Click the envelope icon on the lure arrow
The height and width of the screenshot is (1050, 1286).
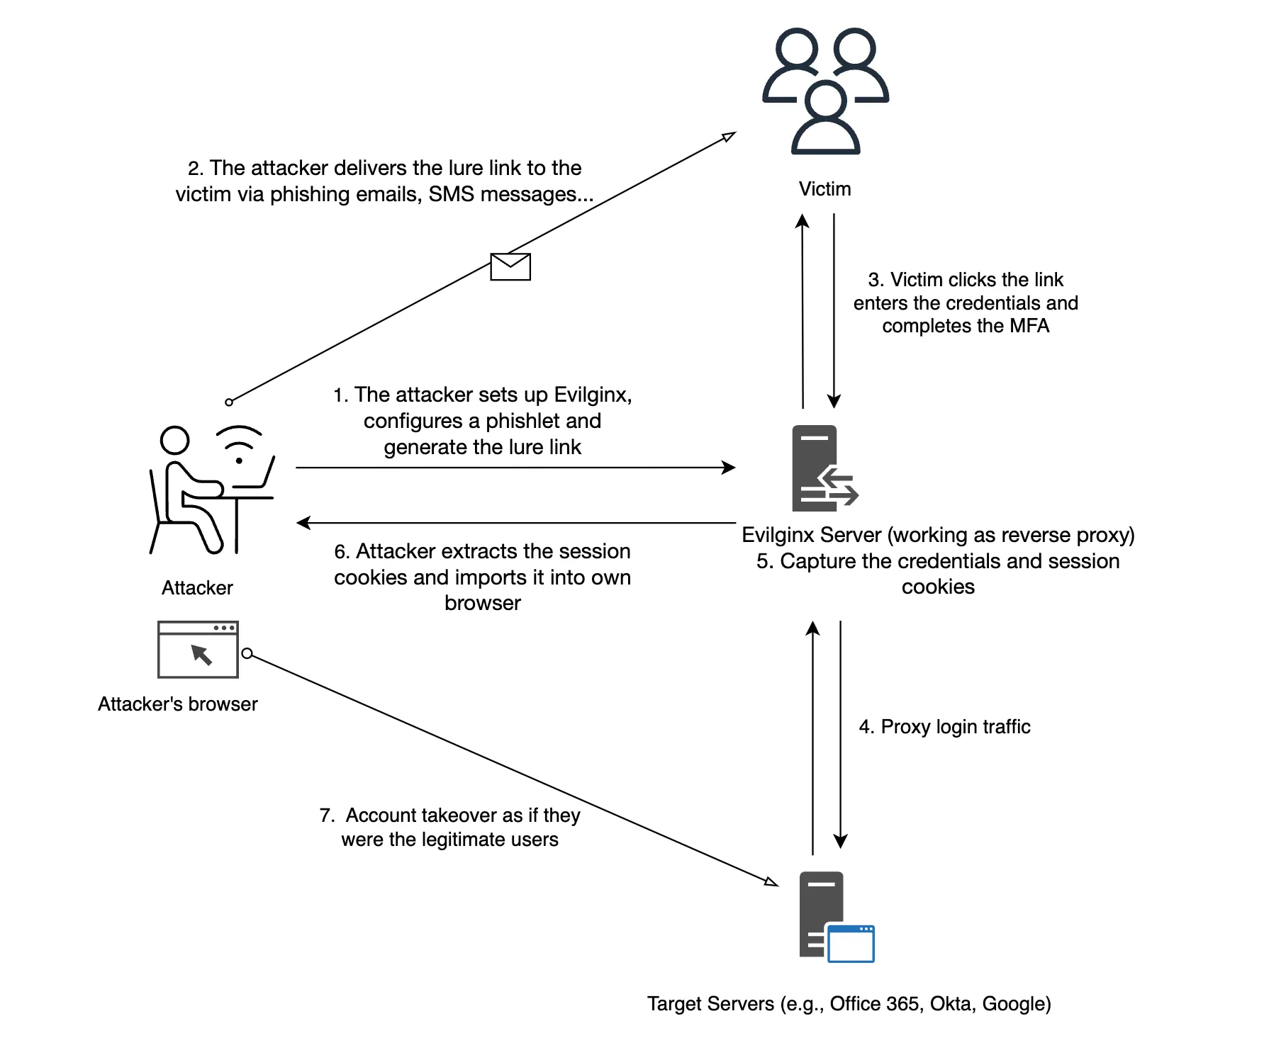(510, 266)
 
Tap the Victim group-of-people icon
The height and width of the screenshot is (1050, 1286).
(825, 91)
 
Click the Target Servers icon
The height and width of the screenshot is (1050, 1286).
(837, 917)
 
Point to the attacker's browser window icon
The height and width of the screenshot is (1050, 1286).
(198, 649)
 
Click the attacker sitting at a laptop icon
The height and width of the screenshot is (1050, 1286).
(212, 489)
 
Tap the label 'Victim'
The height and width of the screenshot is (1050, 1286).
(824, 189)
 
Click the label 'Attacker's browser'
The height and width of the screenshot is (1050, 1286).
(178, 704)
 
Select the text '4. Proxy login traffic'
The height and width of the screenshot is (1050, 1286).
(944, 727)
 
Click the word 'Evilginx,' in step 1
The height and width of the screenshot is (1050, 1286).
(593, 395)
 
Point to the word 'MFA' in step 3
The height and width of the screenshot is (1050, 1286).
(1029, 326)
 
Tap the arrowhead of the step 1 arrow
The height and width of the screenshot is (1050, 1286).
(729, 468)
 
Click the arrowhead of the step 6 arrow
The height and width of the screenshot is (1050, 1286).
(303, 523)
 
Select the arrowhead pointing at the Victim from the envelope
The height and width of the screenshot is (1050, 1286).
(729, 136)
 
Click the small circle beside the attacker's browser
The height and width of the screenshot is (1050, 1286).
(247, 653)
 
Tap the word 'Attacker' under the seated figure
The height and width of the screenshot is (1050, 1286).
(197, 588)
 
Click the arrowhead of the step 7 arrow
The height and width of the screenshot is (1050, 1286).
(772, 882)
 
